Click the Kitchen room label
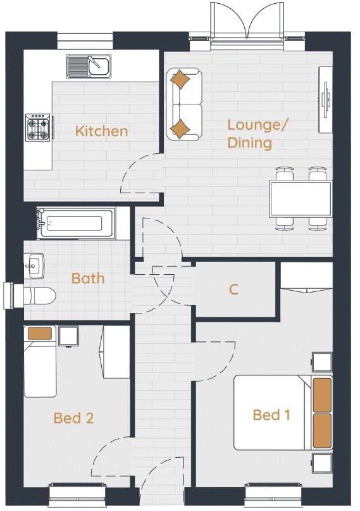pos(101,131)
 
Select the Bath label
pos(88,278)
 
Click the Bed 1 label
pos(271,415)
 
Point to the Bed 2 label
pos(73,418)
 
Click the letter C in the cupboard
pos(233,289)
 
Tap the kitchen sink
pos(89,65)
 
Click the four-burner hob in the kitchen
pos(37,127)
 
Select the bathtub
pos(75,224)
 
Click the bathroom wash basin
pos(34,265)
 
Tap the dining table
pos(300,198)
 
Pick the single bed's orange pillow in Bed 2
pos(39,334)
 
